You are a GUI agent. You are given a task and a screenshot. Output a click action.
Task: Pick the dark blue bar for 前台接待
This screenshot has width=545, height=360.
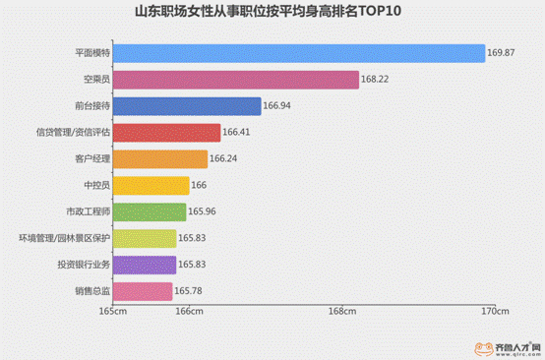[187, 106]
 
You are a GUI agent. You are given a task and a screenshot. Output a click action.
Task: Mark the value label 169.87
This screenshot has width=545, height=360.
[501, 53]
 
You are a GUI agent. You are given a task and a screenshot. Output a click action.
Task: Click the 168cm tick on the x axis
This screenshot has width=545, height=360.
[341, 313]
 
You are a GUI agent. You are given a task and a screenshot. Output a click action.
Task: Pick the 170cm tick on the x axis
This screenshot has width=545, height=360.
[495, 313]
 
